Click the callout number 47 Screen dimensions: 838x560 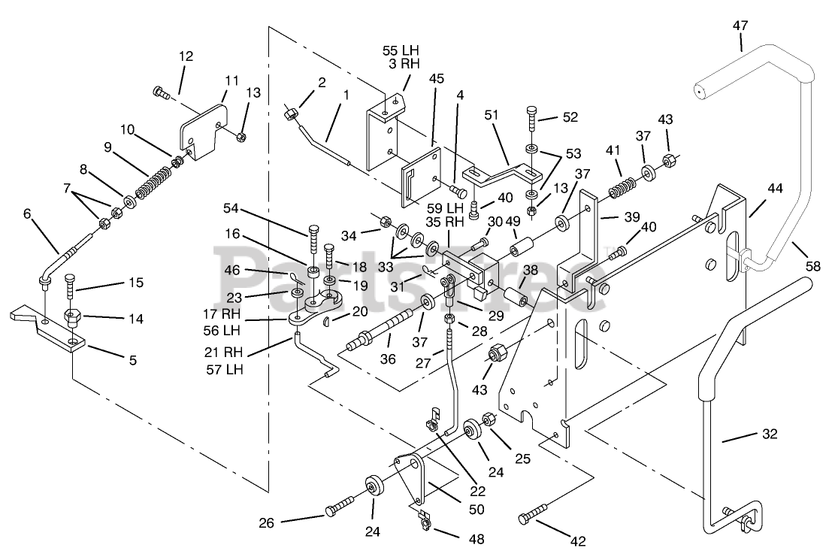pyautogui.click(x=741, y=26)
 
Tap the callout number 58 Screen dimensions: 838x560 pyautogui.click(x=812, y=265)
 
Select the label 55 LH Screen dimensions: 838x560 pyautogui.click(x=401, y=51)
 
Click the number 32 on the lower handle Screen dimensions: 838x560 pyautogui.click(x=770, y=434)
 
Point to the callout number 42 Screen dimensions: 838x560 pyautogui.click(x=578, y=541)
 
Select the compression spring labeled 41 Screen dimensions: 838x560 pyautogui.click(x=621, y=185)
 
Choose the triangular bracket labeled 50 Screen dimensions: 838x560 pyautogui.click(x=414, y=477)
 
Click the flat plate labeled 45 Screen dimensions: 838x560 pyautogui.click(x=422, y=177)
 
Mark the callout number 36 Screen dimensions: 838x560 pyautogui.click(x=388, y=359)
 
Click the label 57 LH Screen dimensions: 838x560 pyautogui.click(x=225, y=369)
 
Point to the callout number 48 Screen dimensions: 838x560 pyautogui.click(x=476, y=539)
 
